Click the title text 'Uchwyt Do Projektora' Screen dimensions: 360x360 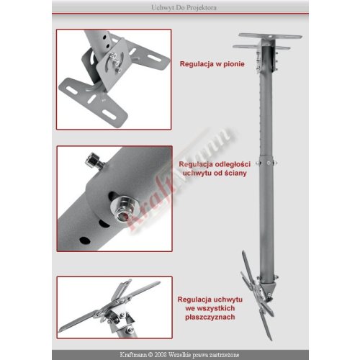tap(184, 8)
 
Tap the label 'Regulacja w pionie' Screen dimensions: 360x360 tap(212, 64)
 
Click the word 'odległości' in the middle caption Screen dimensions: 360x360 tap(233, 164)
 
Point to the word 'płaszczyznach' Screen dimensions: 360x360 tap(210, 317)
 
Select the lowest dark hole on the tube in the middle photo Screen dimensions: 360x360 tap(85, 240)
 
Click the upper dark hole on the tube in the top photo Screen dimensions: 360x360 tap(104, 37)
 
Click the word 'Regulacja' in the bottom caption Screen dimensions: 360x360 tap(194, 300)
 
